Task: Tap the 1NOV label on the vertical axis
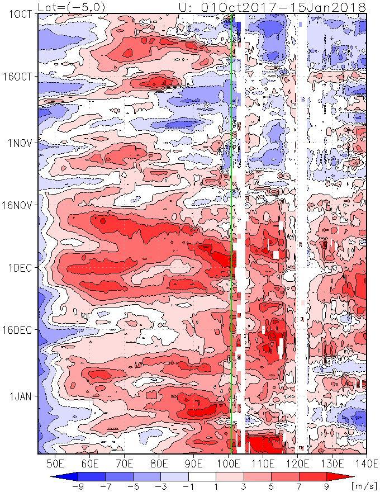pyautogui.click(x=20, y=143)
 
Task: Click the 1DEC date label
pyautogui.click(x=20, y=267)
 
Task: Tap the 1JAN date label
pyautogui.click(x=20, y=396)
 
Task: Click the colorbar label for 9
pyautogui.click(x=326, y=486)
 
